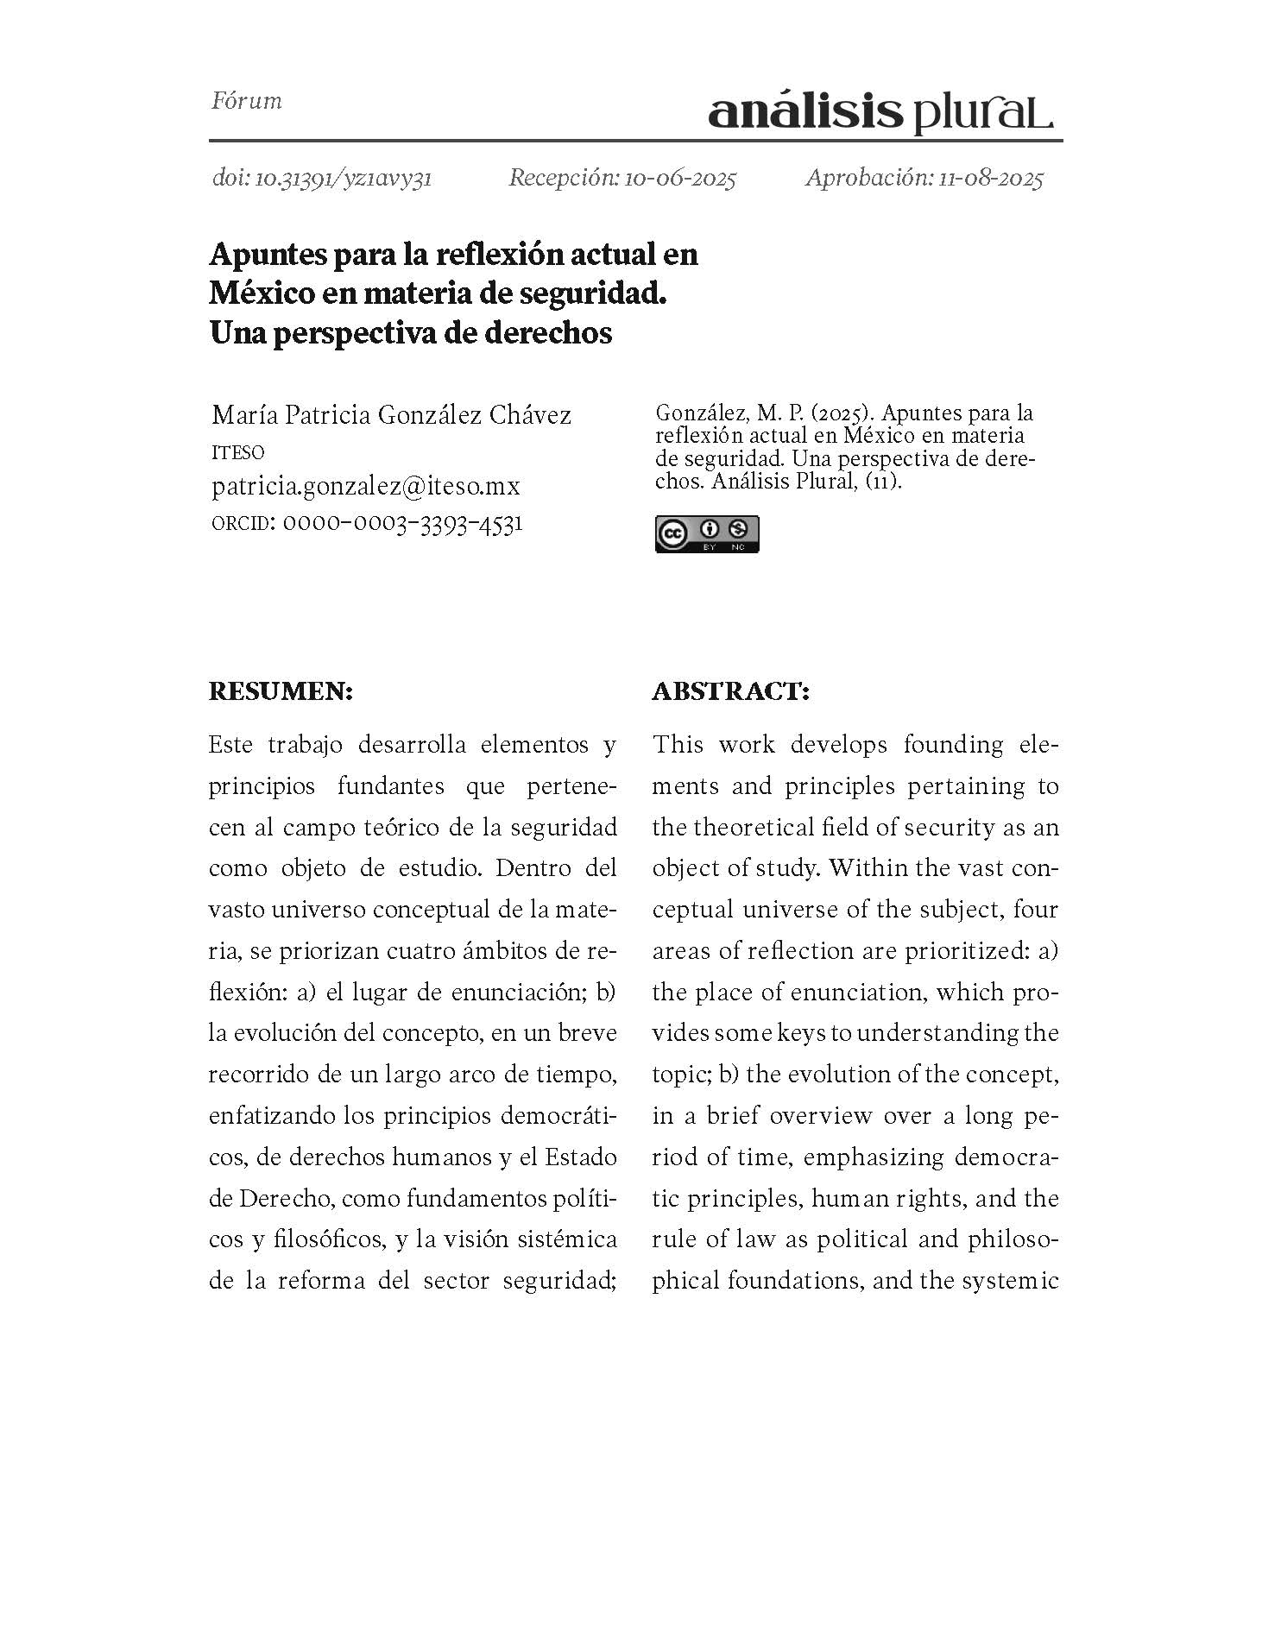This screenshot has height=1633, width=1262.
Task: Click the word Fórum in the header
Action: pos(247,101)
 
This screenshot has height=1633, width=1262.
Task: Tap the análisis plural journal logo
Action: pos(880,113)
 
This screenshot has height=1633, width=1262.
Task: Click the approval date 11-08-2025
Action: pos(991,179)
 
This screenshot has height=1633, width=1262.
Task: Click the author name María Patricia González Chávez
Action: pos(391,415)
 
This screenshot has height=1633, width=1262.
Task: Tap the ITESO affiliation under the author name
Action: pos(237,452)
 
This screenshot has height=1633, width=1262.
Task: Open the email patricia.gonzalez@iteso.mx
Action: pos(366,486)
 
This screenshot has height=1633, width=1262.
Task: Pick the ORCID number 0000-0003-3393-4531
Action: pos(402,523)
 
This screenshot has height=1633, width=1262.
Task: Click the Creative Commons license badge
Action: pos(707,534)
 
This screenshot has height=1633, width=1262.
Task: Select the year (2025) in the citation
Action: pos(841,414)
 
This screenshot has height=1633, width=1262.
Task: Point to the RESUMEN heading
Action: pos(281,691)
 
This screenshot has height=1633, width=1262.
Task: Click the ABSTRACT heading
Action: pos(730,691)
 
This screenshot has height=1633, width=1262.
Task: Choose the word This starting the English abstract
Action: pos(678,744)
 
